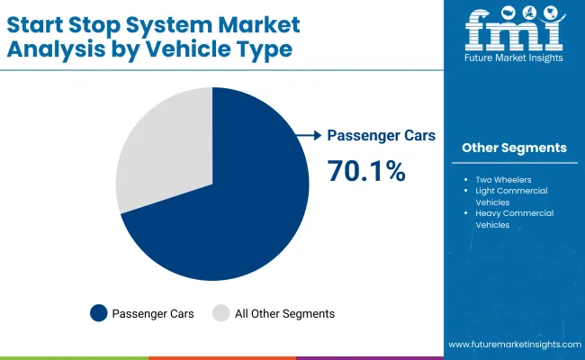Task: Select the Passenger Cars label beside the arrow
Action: [x=381, y=135]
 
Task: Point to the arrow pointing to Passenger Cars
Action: [x=309, y=135]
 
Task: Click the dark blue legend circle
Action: [x=98, y=313]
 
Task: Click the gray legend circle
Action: [x=220, y=313]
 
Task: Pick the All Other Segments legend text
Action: [x=283, y=313]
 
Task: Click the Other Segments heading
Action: [x=514, y=148]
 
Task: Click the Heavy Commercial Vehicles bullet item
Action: [x=514, y=219]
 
